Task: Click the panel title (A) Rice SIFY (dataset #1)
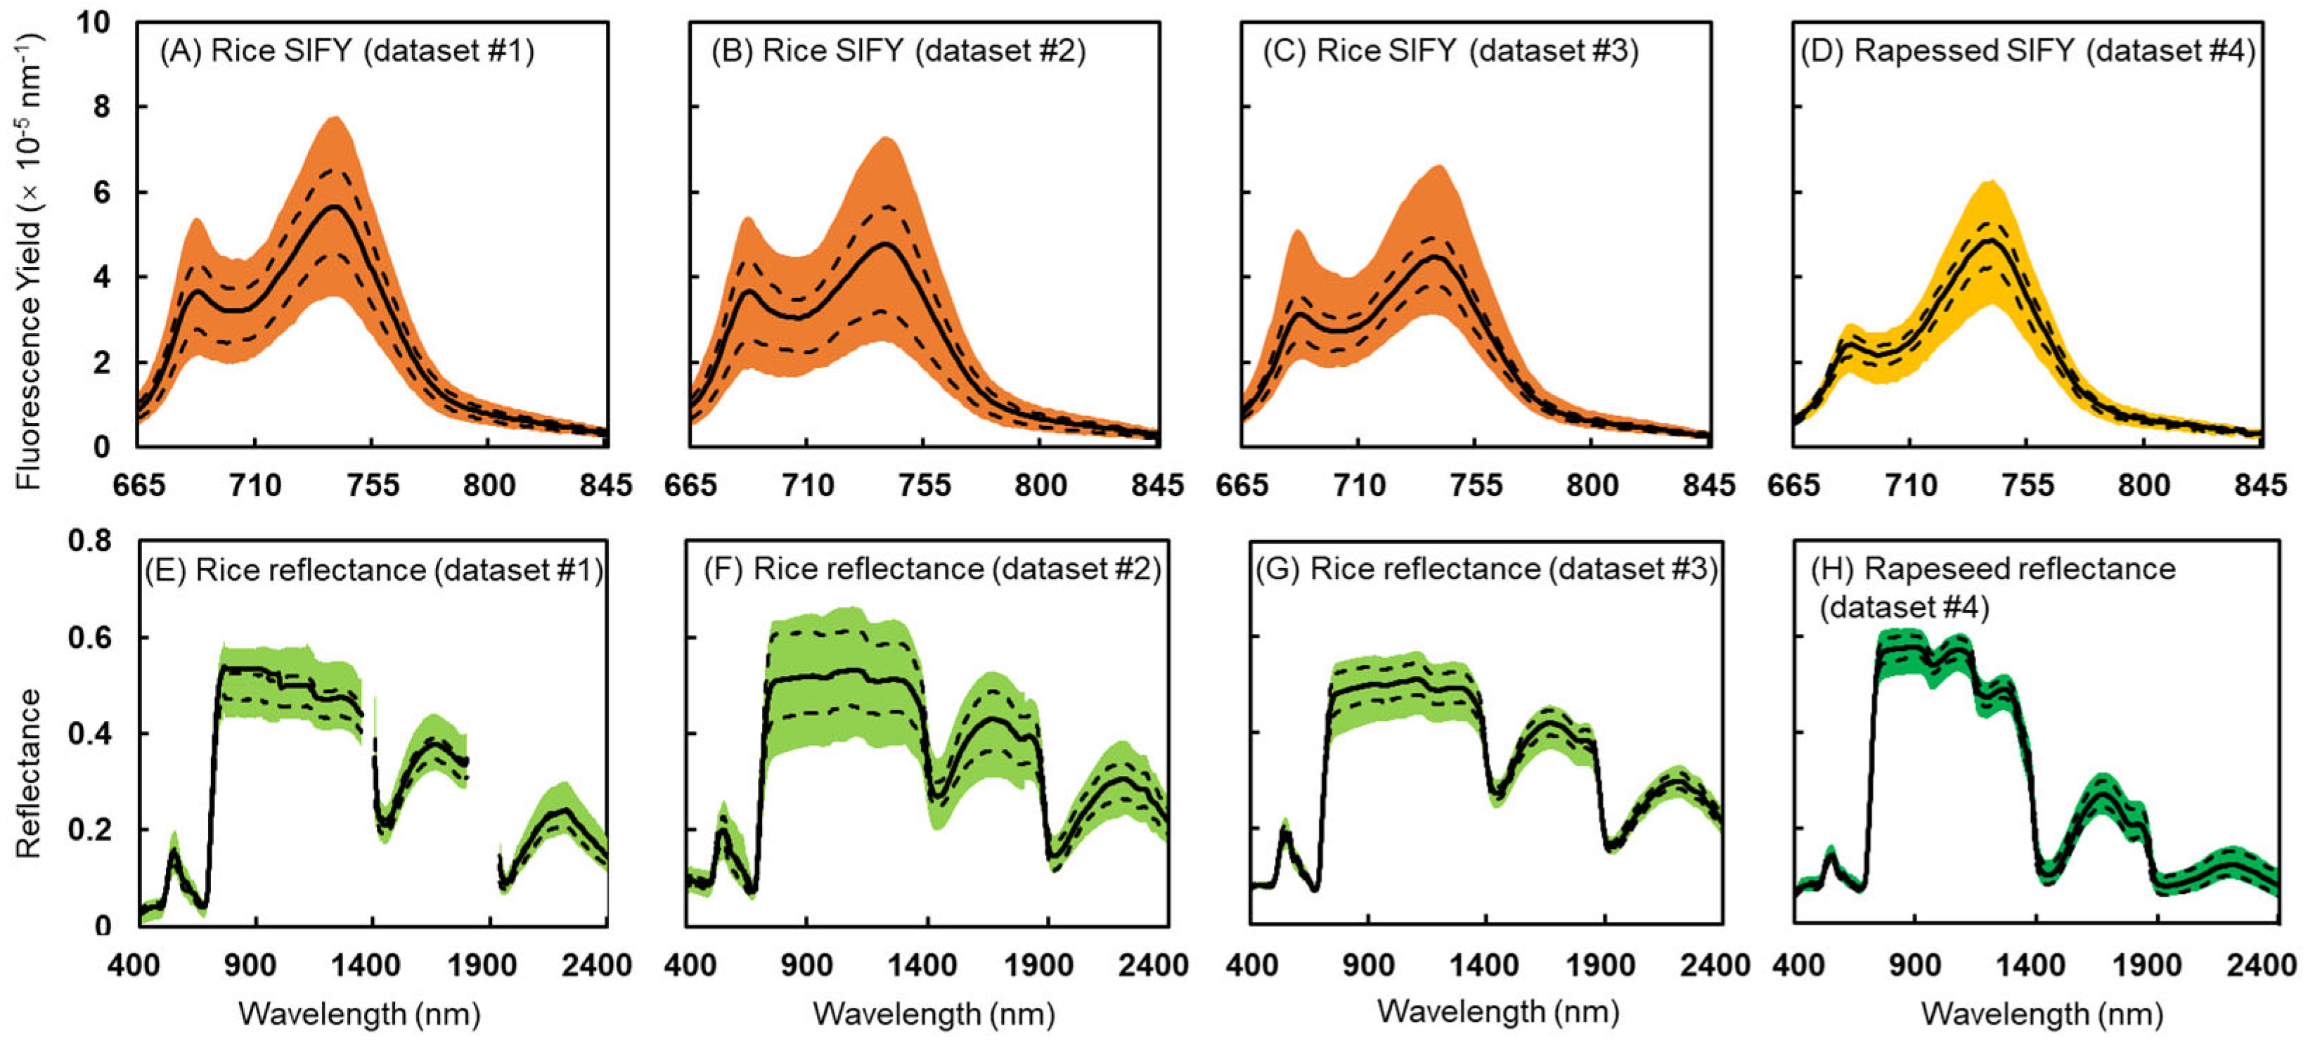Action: [x=347, y=51]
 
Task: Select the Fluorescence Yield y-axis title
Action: [x=29, y=260]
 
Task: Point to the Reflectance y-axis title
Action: [x=29, y=772]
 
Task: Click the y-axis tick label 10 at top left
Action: [x=92, y=22]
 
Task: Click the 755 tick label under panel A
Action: [x=373, y=486]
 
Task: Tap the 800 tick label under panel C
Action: [x=1592, y=486]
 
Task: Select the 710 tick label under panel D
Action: [x=1910, y=486]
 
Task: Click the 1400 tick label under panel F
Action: [x=923, y=965]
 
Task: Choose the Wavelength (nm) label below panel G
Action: [x=1498, y=1011]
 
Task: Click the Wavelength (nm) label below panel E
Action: [x=359, y=1013]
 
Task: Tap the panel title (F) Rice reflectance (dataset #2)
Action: [x=931, y=569]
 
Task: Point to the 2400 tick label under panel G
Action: [x=1714, y=965]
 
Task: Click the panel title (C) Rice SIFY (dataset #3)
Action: [x=1450, y=51]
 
